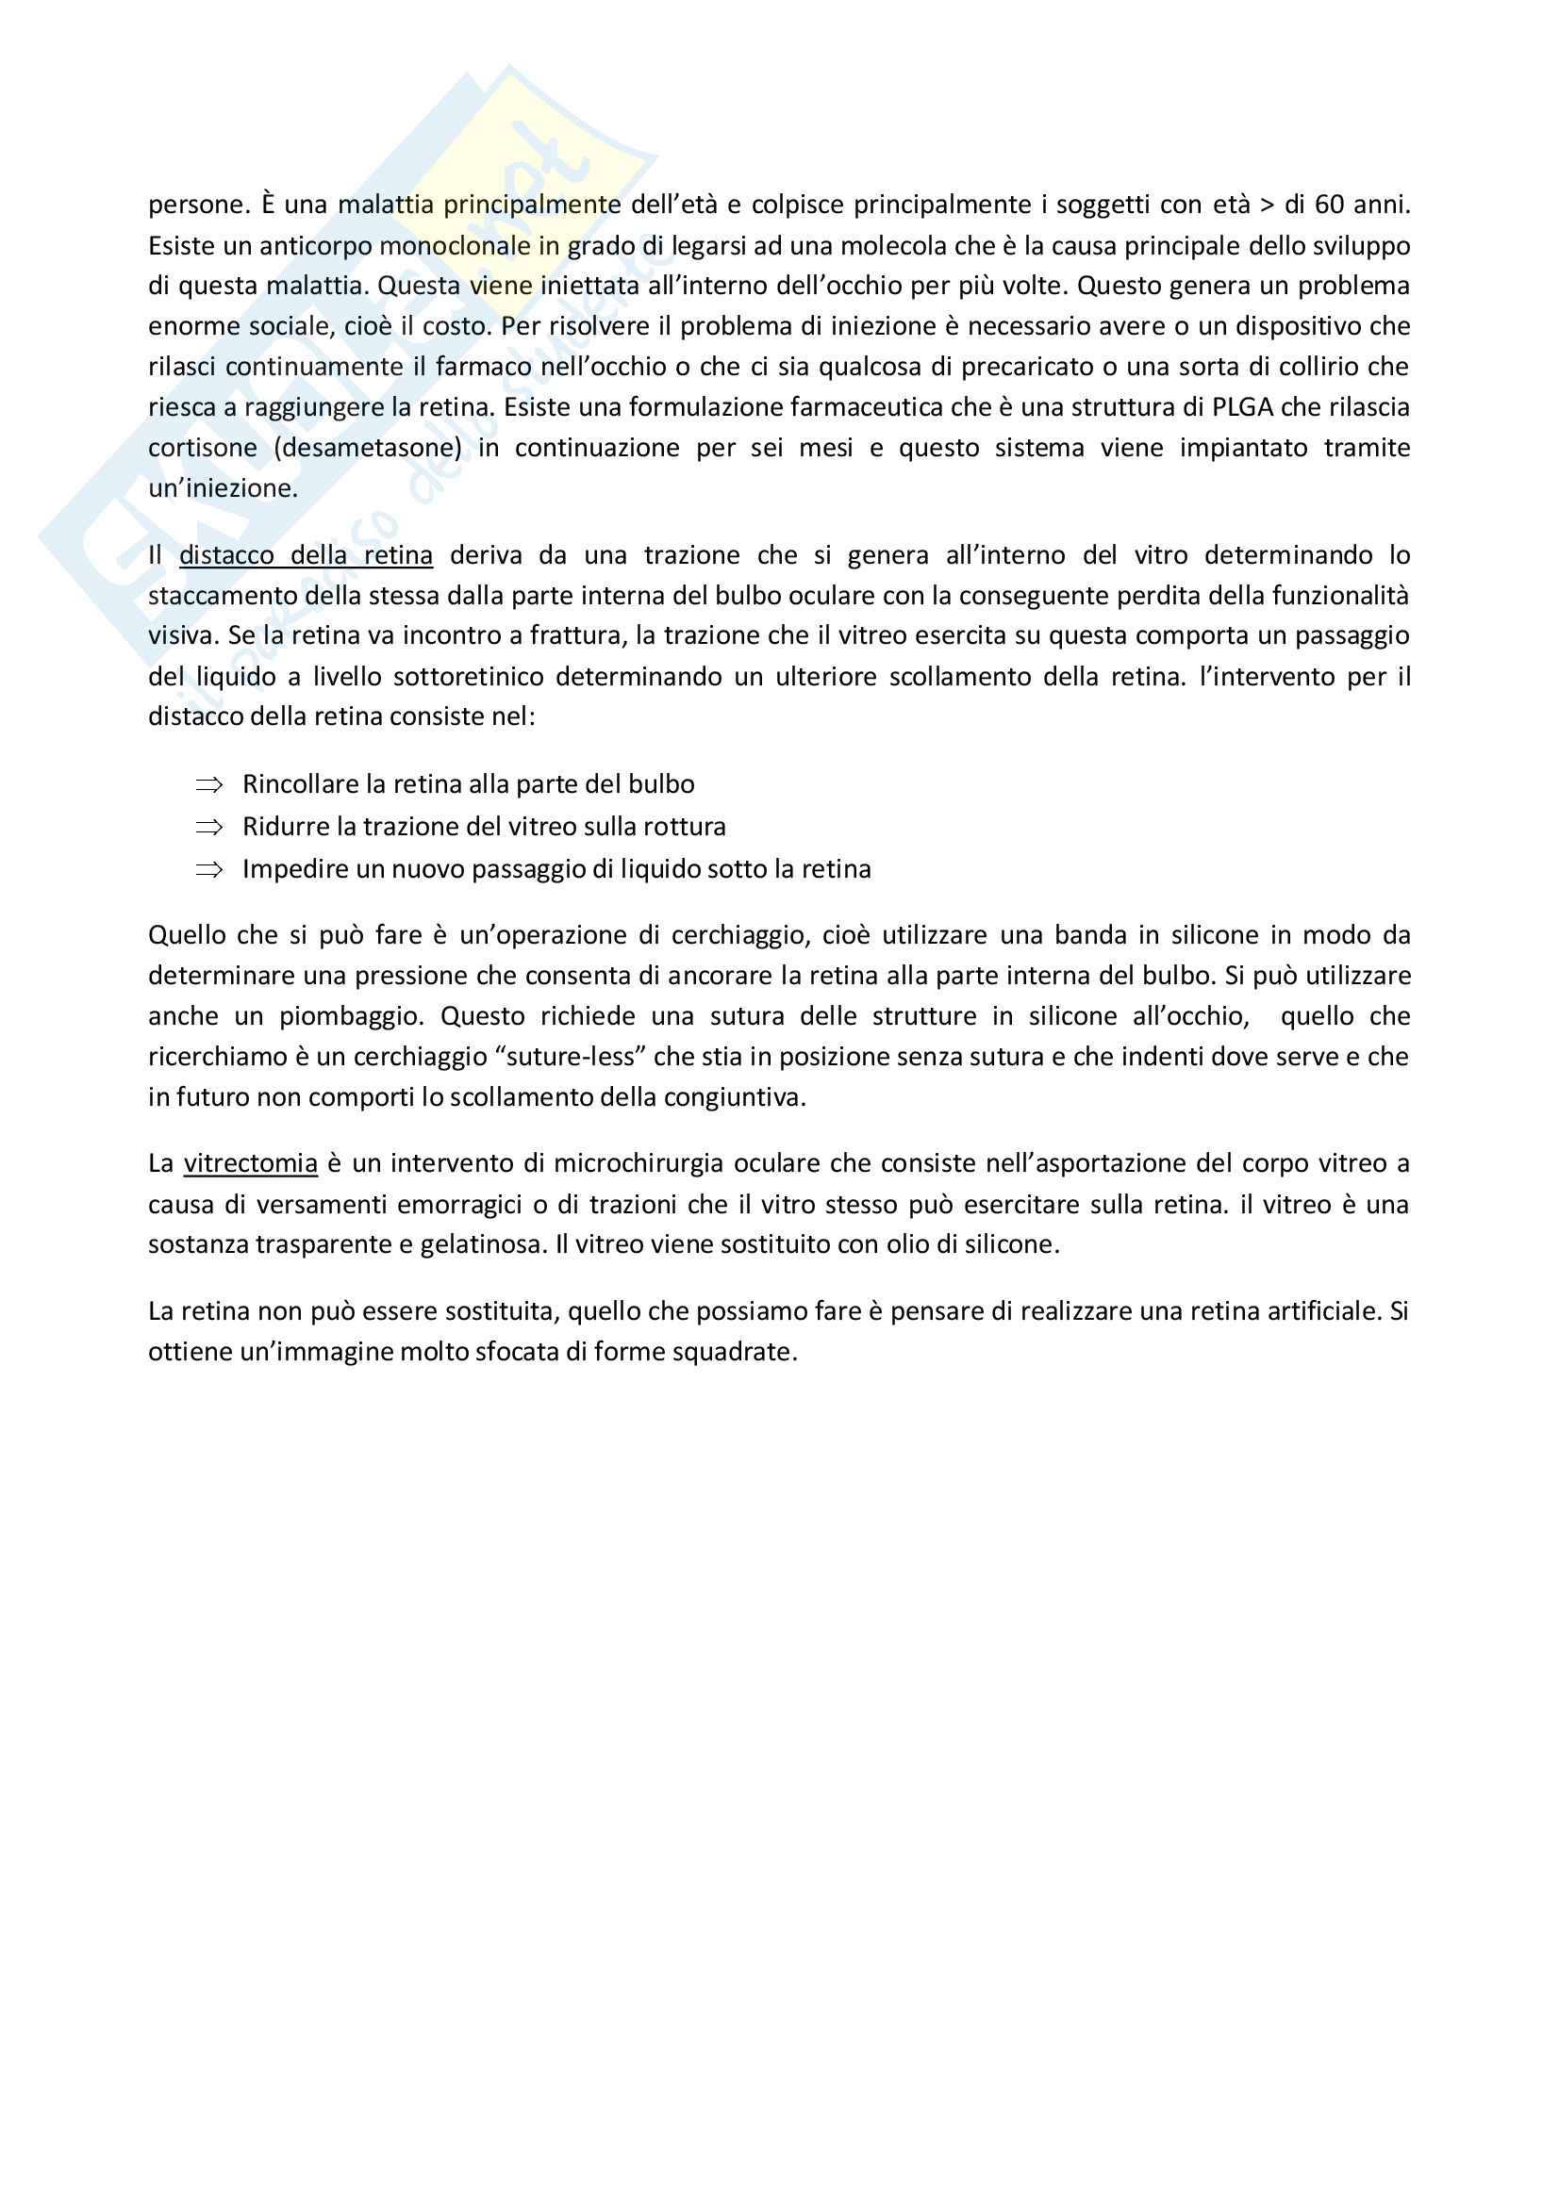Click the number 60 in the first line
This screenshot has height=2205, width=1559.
click(1329, 205)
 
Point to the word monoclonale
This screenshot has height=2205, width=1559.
click(456, 246)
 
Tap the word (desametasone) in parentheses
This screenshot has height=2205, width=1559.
click(367, 448)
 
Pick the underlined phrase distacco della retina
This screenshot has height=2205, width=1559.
click(306, 555)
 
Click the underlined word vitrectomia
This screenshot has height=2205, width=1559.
click(250, 1163)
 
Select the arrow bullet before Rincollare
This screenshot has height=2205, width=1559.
click(208, 785)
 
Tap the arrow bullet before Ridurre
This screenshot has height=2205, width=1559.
click(208, 828)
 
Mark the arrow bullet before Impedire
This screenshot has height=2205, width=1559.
click(208, 870)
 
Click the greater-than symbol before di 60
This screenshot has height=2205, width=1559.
click(1267, 206)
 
